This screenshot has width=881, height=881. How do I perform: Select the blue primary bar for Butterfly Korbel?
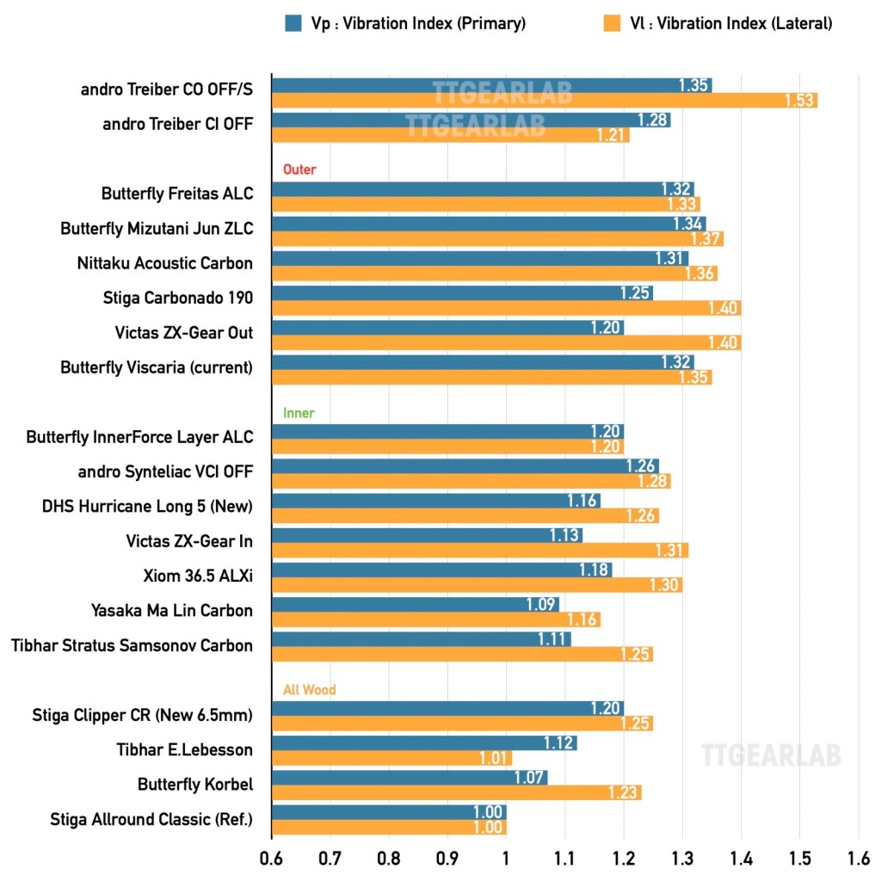[x=410, y=777]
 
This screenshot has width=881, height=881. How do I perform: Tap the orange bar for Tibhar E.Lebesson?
[x=391, y=758]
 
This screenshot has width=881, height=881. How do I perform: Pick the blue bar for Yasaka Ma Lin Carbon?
[x=416, y=604]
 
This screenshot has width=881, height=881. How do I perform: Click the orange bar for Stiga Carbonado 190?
[x=506, y=308]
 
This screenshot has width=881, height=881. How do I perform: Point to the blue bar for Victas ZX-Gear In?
[x=427, y=535]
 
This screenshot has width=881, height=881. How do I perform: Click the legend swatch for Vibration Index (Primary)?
[x=293, y=24]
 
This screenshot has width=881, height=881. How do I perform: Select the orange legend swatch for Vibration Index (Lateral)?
[x=612, y=24]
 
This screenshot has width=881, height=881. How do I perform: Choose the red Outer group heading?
[x=299, y=169]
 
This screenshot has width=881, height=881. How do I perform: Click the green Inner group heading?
[x=299, y=413]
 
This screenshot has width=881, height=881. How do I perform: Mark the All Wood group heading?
[x=309, y=689]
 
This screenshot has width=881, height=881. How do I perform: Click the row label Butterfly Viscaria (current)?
[x=157, y=367]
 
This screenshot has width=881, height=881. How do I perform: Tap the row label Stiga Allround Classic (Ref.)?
[x=151, y=819]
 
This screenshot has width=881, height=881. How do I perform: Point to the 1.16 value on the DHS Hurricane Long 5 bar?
[x=582, y=501]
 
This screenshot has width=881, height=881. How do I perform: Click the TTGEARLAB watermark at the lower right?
[x=771, y=755]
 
